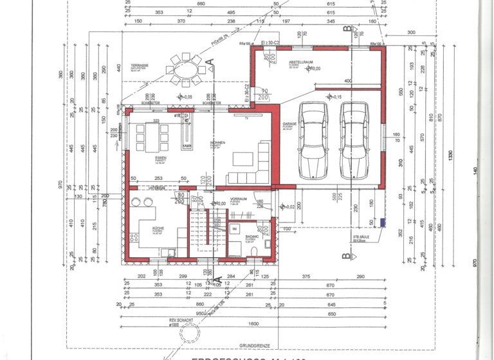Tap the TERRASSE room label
click(140, 66)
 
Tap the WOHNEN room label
click(217, 143)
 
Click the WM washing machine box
click(235, 229)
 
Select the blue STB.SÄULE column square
click(383, 223)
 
